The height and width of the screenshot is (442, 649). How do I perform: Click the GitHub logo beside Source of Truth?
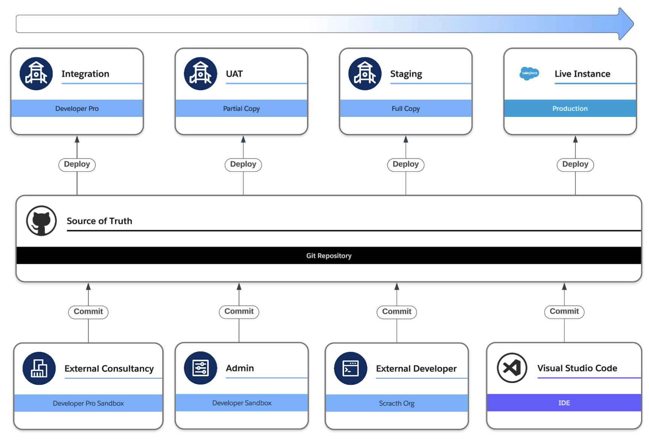click(41, 221)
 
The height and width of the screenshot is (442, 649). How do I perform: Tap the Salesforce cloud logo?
click(529, 73)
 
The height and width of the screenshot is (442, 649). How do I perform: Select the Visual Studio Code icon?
click(512, 368)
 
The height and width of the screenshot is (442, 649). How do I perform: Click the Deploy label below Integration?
click(77, 164)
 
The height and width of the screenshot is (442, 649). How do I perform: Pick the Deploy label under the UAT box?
click(243, 164)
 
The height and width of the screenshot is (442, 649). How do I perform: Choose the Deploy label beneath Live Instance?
click(575, 164)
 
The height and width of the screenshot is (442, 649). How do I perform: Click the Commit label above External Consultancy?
click(88, 312)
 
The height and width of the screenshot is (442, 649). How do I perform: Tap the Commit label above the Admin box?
click(239, 312)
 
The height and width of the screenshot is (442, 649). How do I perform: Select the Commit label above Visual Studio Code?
click(564, 312)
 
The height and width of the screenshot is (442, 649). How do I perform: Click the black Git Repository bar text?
click(329, 256)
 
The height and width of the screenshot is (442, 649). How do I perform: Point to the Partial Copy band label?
click(241, 109)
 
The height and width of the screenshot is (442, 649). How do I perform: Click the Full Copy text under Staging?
click(406, 109)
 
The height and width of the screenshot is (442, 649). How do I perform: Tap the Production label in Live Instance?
click(570, 109)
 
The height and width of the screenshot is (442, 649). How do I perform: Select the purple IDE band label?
click(564, 403)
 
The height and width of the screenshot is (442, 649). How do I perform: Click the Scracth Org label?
click(397, 403)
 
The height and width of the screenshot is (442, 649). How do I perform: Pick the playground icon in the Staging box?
click(365, 74)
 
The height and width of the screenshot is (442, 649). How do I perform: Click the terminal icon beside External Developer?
click(350, 368)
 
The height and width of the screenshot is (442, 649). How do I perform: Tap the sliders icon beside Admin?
click(201, 368)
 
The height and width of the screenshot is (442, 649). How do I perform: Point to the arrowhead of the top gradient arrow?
click(633, 24)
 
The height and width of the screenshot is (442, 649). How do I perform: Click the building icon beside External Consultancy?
click(39, 368)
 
